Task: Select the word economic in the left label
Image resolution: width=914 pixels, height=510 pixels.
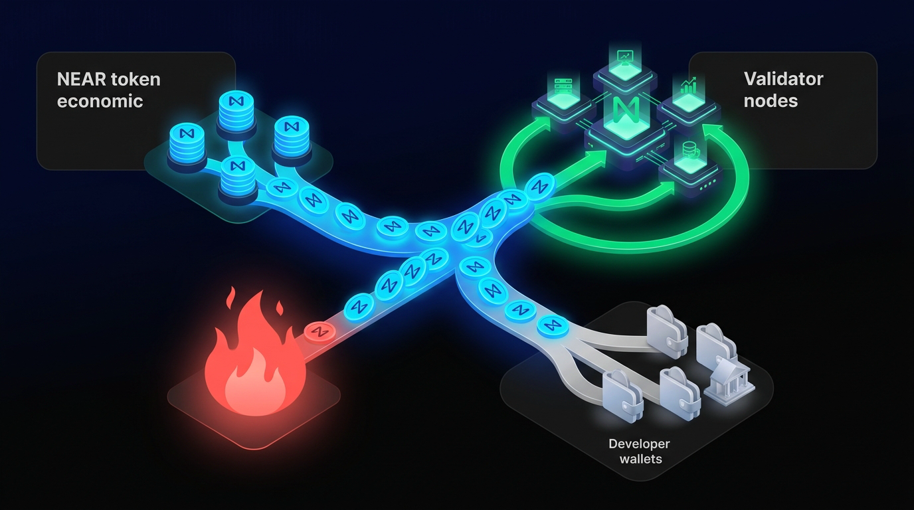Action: point(100,102)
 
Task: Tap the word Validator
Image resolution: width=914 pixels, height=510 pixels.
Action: point(783,79)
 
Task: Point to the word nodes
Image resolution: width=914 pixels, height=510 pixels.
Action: point(771,101)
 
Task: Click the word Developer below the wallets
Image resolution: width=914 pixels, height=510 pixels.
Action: point(640,444)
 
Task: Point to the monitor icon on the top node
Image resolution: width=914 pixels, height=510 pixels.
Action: point(625,58)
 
